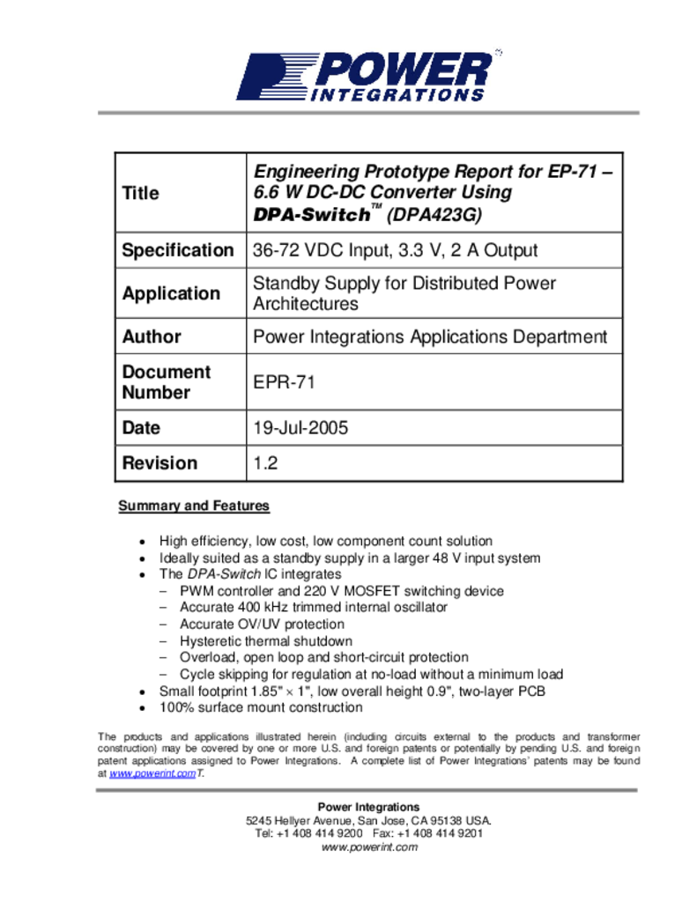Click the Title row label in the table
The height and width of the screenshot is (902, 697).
coord(140,193)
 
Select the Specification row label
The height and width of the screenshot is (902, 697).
coord(178,250)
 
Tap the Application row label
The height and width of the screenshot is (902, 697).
coord(171,293)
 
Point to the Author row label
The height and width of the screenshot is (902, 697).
coord(152,336)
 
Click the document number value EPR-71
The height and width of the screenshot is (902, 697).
coord(284,382)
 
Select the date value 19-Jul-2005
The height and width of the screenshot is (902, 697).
coord(300,428)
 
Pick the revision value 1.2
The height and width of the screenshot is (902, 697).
coord(265,463)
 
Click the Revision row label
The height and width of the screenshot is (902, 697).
coord(159,463)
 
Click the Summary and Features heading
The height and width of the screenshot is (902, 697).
coord(194,506)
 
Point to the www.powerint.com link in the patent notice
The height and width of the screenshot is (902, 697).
coord(152,773)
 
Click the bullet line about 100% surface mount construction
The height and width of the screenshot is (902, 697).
coord(260,707)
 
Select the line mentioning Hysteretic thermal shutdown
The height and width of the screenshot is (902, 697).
coord(265,641)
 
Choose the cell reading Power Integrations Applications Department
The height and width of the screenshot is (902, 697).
coord(430,336)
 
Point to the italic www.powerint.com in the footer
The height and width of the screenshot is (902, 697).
coord(368,847)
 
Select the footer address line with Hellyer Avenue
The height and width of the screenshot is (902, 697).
coord(368,820)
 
